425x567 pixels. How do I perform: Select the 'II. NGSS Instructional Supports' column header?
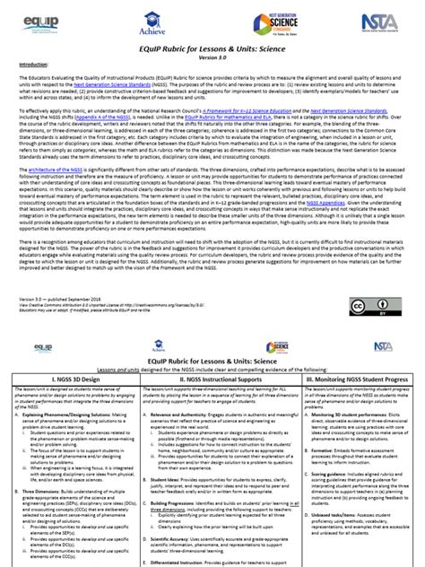(212, 356)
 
